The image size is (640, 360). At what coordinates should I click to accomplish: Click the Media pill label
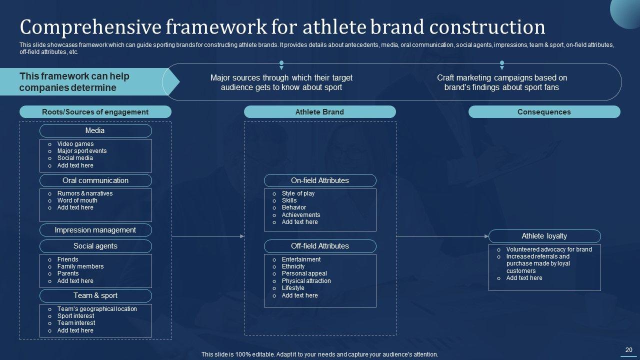click(95, 130)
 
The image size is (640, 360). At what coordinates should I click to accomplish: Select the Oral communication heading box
click(95, 180)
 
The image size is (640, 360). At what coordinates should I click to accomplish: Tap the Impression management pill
click(95, 230)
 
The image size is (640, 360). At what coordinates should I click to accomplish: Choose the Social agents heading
click(95, 246)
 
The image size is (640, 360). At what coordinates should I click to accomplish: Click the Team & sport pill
click(95, 295)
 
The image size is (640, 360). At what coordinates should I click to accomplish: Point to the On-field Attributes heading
click(320, 180)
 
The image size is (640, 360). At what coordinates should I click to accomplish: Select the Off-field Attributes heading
click(320, 246)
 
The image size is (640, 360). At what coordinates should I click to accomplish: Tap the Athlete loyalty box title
click(544, 236)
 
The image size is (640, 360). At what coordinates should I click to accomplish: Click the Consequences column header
click(544, 112)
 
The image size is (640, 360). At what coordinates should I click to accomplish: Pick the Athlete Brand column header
click(319, 112)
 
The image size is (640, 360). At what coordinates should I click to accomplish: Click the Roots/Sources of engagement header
click(95, 112)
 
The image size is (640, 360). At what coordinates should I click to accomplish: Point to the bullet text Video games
click(75, 144)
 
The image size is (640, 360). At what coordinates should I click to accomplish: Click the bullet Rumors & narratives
click(85, 193)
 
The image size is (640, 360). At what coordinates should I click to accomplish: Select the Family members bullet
click(80, 266)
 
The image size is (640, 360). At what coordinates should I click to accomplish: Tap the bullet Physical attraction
click(306, 281)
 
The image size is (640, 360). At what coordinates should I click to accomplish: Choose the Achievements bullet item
click(301, 215)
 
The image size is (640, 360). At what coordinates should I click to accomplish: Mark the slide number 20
click(629, 350)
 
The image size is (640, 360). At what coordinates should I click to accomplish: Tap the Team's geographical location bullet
click(97, 309)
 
